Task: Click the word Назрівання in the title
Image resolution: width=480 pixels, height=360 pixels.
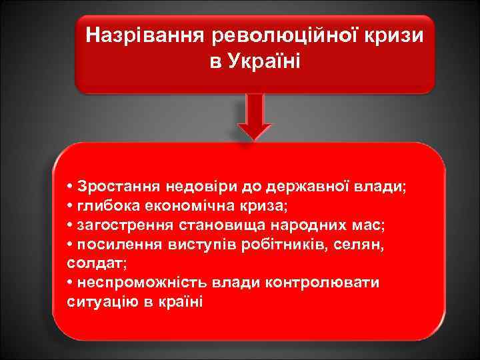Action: (138, 33)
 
